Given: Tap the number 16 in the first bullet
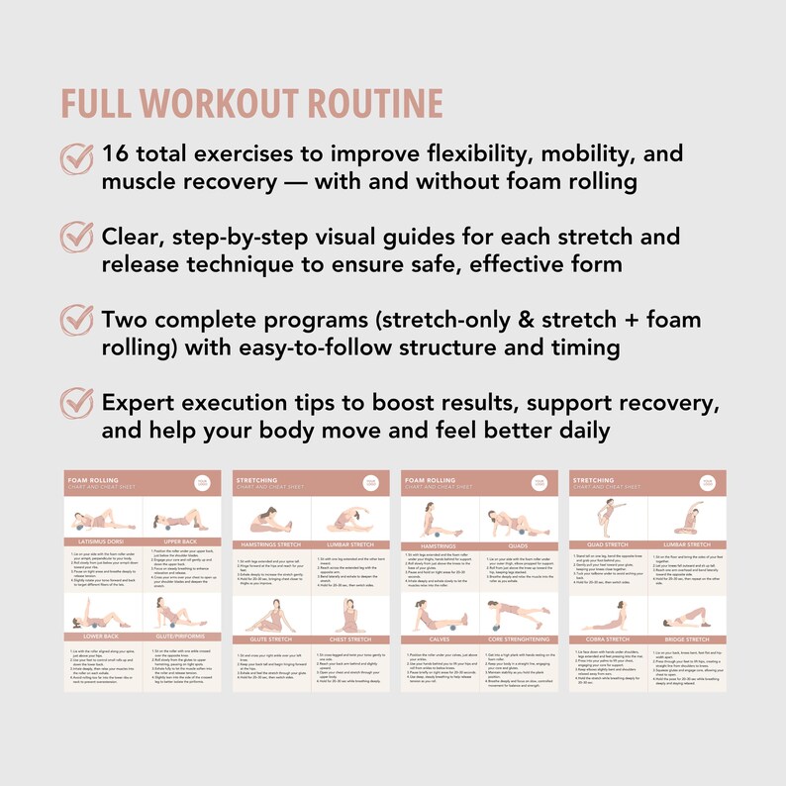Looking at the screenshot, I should tap(115, 155).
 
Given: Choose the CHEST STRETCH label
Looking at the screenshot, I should tap(351, 639).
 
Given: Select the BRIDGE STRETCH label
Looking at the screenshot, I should tap(689, 639).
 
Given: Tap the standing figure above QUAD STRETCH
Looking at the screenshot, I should tap(610, 515).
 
